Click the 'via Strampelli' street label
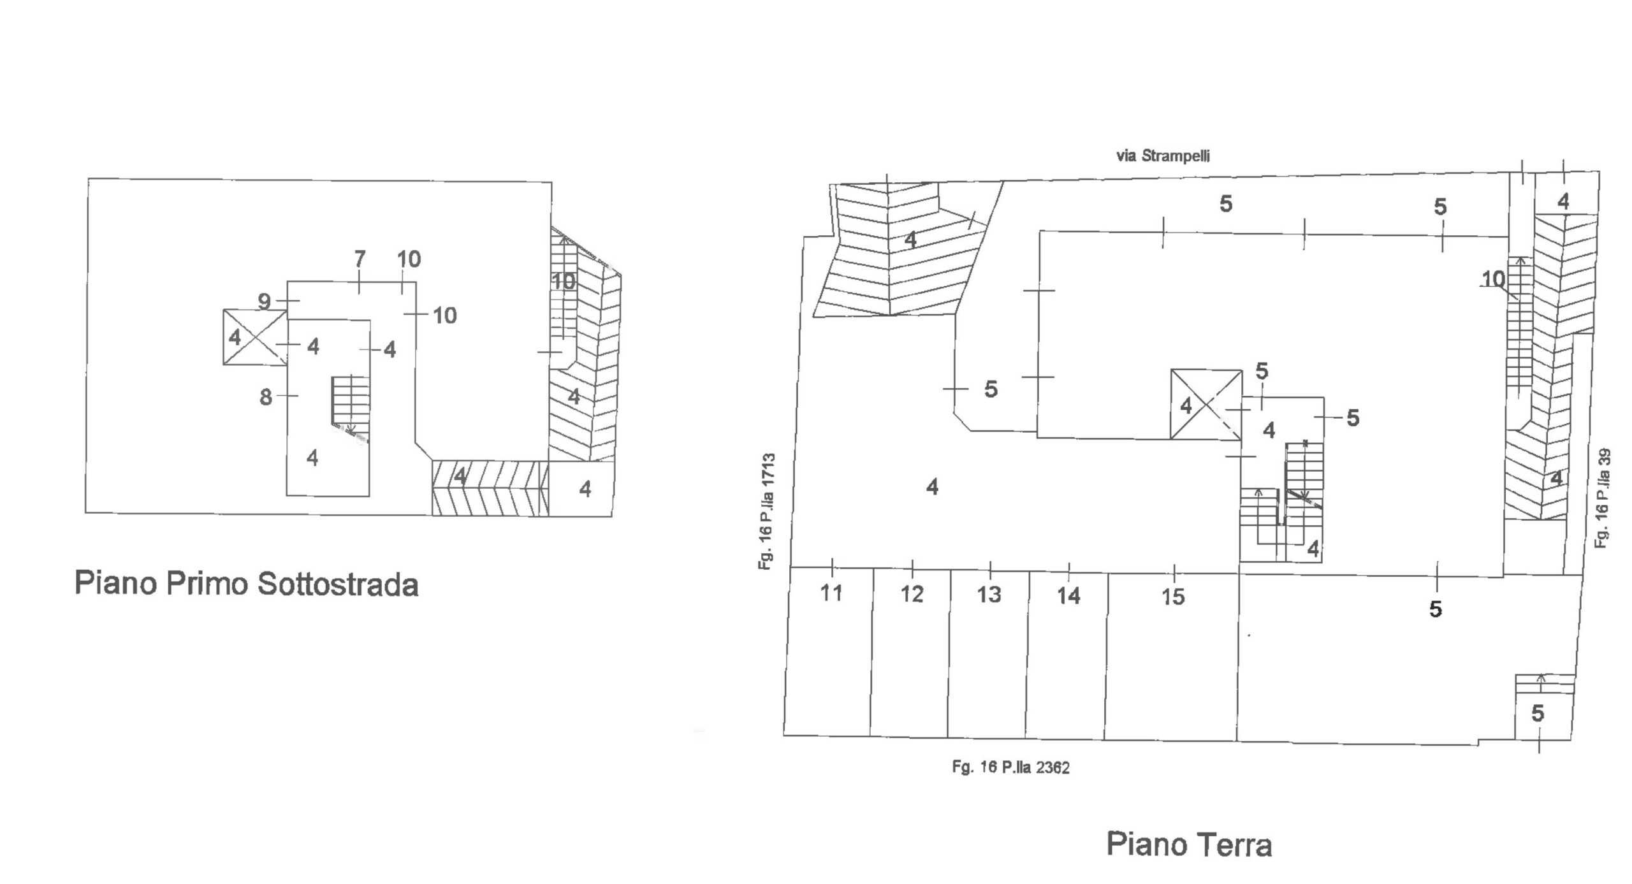1163,156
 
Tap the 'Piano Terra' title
1189,844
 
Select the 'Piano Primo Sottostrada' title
247,583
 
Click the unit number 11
831,593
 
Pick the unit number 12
912,594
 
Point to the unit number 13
989,595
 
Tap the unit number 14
1069,596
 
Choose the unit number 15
1173,597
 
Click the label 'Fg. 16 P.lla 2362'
1011,767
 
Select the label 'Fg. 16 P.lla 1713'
767,511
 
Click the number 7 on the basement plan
360,259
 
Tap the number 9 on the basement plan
265,301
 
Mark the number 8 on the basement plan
266,397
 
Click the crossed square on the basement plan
255,337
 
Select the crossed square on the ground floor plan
1206,405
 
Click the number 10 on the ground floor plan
1494,279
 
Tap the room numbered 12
910,653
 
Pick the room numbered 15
1172,656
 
